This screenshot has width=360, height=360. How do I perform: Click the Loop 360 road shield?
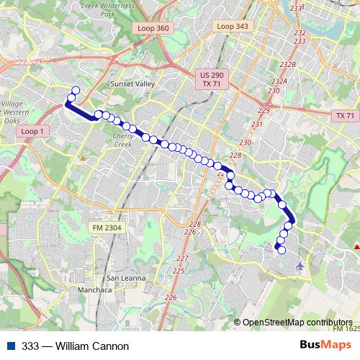click(151, 27)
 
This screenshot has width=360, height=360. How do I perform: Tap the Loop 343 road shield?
click(231, 26)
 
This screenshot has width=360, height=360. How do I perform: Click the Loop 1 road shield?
click(33, 132)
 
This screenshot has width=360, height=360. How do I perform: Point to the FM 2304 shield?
click(107, 228)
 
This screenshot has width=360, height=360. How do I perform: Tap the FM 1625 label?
click(346, 328)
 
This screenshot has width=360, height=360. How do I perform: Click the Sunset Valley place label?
click(132, 84)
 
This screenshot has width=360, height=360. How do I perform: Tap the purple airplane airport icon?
click(300, 267)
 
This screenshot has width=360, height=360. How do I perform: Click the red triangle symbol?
click(356, 248)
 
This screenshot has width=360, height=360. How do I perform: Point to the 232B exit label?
click(288, 64)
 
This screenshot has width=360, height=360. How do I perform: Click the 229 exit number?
click(264, 110)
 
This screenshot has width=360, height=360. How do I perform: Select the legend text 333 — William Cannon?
click(70, 346)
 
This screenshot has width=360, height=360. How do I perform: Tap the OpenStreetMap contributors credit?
click(297, 322)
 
